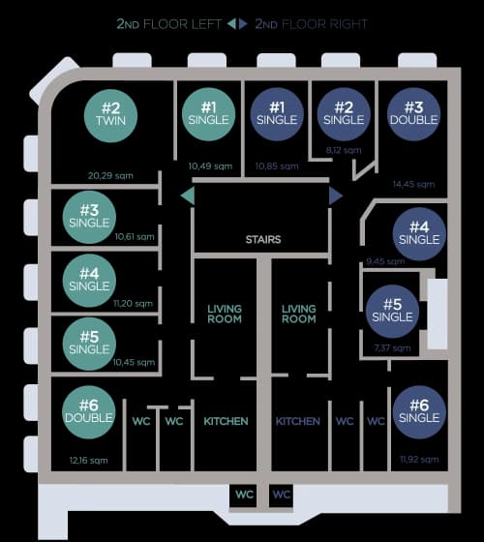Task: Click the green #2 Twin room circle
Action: [111, 114]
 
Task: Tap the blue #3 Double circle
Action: [413, 114]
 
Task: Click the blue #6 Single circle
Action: [419, 412]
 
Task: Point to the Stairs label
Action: [262, 239]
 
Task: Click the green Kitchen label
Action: [226, 422]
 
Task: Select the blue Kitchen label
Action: [298, 422]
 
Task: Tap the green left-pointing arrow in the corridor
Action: [188, 196]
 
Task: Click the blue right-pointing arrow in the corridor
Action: [336, 196]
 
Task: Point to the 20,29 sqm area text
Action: [110, 176]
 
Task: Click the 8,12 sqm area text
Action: [344, 150]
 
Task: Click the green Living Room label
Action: [225, 314]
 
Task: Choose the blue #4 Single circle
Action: [419, 233]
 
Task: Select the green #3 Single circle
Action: [89, 216]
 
